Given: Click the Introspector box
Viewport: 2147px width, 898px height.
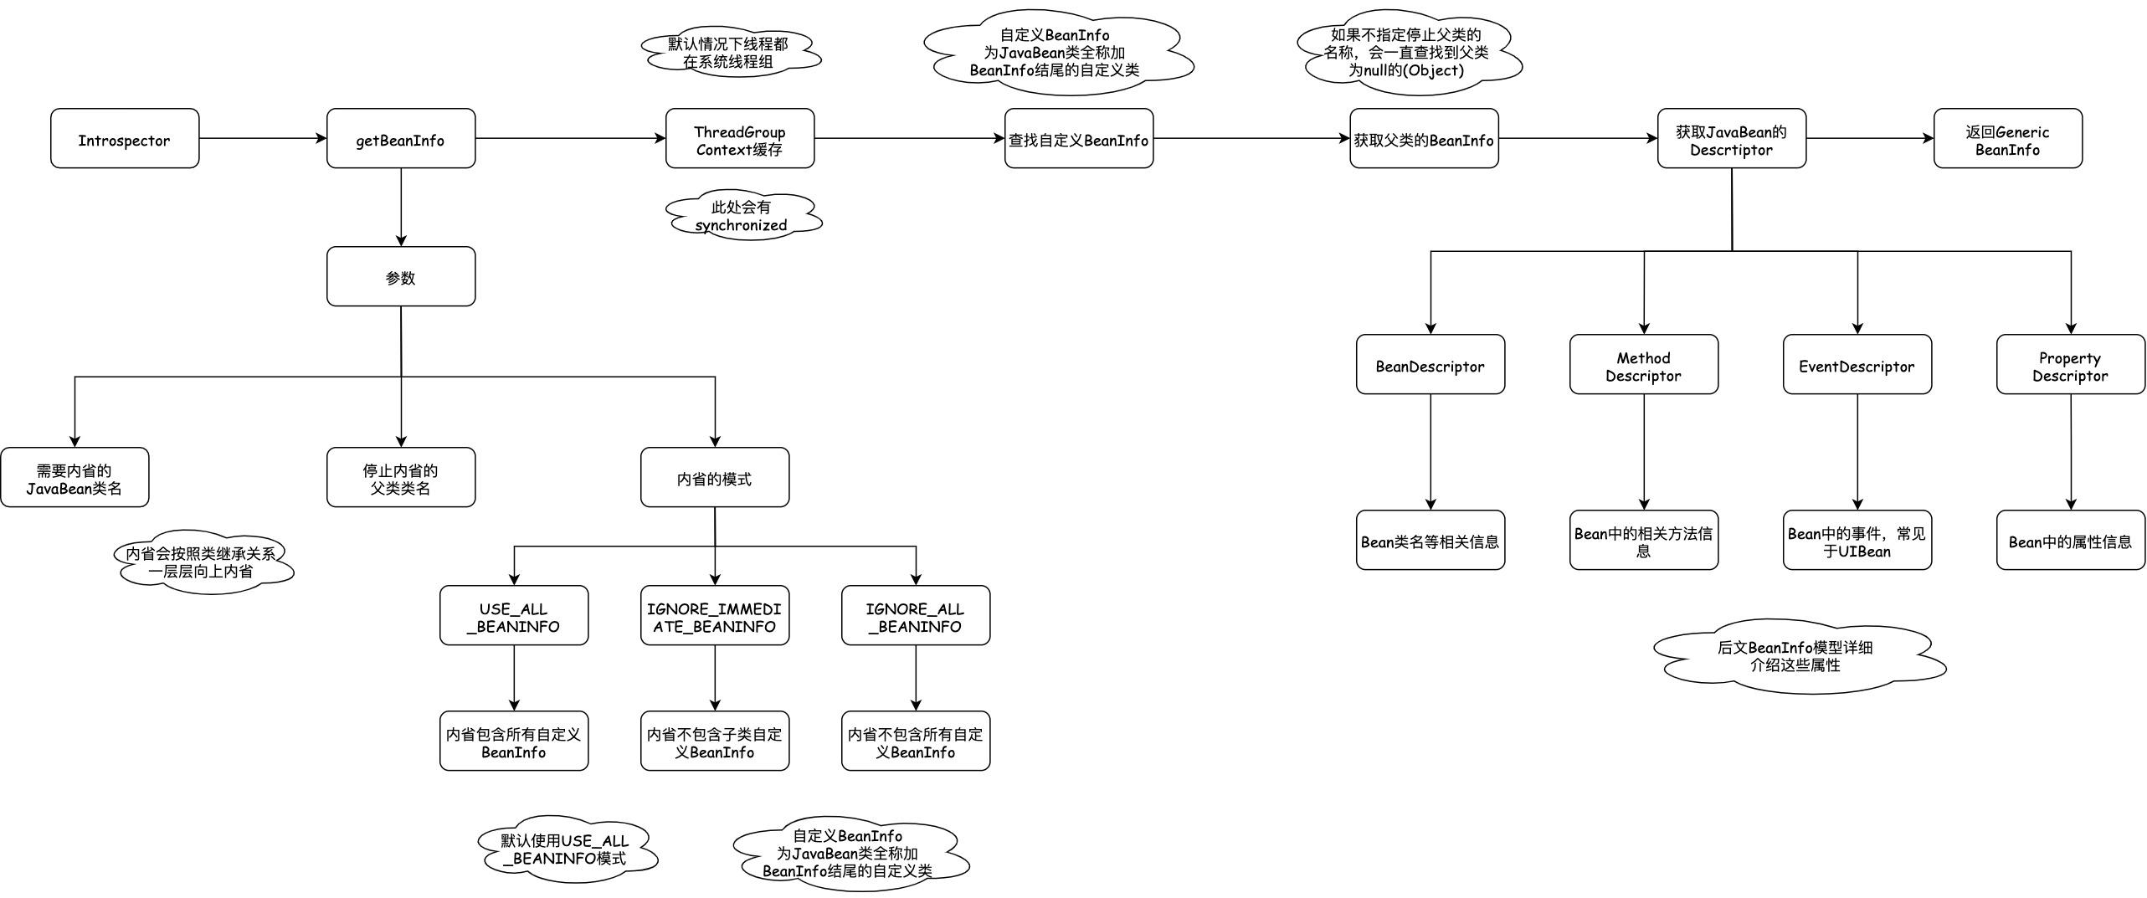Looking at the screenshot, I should pos(125,138).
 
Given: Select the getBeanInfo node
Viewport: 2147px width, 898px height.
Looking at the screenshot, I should pos(401,138).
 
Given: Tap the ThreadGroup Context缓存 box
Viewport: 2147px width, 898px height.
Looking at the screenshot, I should pos(740,138).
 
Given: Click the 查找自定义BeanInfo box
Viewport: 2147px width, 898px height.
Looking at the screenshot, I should pos(1079,138).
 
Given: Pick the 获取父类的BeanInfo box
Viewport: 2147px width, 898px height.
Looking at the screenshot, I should pos(1424,138).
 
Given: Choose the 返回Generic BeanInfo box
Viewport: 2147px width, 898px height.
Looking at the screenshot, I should pos(2007,138).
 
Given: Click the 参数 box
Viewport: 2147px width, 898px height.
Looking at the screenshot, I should pos(401,276).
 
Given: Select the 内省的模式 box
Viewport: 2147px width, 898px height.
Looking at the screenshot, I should pos(715,477).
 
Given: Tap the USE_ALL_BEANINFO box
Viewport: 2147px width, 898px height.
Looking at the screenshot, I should pos(514,615).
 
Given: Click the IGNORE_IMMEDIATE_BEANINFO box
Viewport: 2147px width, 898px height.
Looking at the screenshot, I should pos(715,615).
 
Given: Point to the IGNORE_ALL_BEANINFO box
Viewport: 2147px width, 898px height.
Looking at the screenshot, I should pos(916,615).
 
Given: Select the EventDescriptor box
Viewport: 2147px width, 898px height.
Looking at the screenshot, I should pos(1857,364).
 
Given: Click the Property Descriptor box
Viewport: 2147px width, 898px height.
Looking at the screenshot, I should pos(2071,364).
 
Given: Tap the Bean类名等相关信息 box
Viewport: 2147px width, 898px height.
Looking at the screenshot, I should pos(1430,540).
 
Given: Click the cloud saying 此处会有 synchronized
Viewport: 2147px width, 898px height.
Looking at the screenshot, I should pos(742,216).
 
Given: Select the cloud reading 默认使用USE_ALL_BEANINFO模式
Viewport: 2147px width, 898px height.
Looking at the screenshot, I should pos(566,849).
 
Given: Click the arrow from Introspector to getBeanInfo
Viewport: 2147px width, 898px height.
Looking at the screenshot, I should pos(263,138).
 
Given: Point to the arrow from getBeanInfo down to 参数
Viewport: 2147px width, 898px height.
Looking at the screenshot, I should pos(401,207).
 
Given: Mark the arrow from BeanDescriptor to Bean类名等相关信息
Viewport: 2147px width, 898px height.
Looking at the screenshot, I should pos(1430,452).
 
